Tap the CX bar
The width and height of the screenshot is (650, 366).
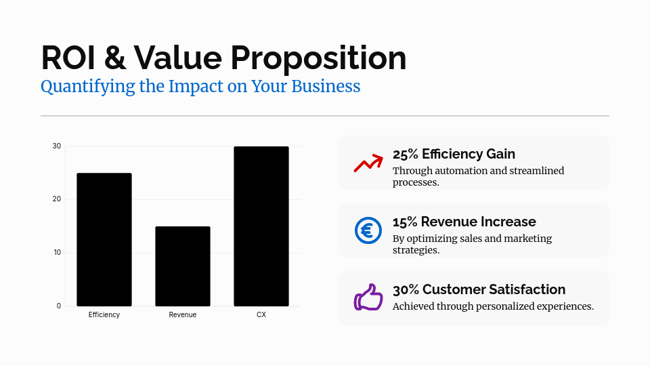[x=261, y=226]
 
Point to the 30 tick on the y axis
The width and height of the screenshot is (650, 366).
[x=57, y=146]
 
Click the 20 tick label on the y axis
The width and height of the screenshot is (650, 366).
[x=57, y=199]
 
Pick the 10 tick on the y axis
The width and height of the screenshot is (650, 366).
[x=57, y=253]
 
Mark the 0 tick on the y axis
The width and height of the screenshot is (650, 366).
[x=59, y=306]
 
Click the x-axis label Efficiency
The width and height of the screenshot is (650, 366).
[x=104, y=315]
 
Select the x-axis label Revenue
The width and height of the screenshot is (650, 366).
[x=183, y=315]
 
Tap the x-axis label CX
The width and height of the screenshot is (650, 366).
[x=261, y=315]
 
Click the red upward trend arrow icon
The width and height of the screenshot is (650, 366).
[x=368, y=163]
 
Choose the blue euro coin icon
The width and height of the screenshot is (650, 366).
[x=368, y=230]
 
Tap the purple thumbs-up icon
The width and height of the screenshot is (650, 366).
[x=368, y=298]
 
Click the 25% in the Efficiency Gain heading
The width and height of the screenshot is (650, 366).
[x=405, y=154]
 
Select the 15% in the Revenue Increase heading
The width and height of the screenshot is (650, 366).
[x=405, y=222]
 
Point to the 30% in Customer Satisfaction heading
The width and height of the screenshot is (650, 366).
[x=406, y=289]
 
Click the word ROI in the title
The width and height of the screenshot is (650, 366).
[x=68, y=58]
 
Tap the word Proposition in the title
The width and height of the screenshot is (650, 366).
[x=318, y=59]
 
